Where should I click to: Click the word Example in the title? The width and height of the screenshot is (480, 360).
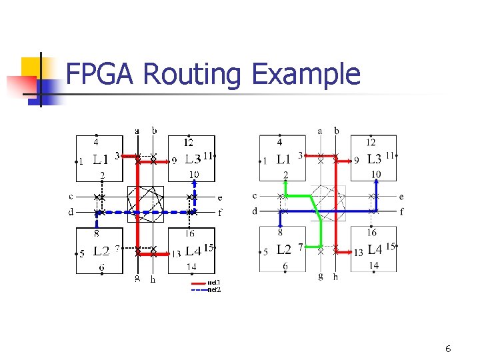pos(306,75)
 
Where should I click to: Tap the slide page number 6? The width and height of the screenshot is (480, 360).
pos(448,349)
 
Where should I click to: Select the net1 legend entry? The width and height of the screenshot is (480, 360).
pos(214,283)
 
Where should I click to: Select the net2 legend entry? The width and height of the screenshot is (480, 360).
pos(214,289)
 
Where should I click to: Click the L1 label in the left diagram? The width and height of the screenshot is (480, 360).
pos(101,160)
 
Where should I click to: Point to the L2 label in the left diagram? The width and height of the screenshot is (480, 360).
pos(101,251)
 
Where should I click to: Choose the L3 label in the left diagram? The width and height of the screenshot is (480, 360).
pos(193,160)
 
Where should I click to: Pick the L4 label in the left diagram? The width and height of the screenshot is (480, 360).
pos(193,251)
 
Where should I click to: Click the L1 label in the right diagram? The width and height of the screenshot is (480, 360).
pos(284,160)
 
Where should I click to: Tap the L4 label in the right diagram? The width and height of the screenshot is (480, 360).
pos(375,250)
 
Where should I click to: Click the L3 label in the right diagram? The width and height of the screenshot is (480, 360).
pos(374,160)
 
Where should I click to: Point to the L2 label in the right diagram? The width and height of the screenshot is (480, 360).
pos(284,250)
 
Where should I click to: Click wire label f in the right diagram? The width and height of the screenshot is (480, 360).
pos(402,212)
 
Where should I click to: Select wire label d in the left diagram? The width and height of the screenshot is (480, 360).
pos(71,212)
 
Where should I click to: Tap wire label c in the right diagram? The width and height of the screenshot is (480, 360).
pos(255,196)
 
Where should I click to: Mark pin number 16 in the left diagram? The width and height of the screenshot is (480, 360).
pos(190,233)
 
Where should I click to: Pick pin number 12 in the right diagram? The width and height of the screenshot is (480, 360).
pos(371,142)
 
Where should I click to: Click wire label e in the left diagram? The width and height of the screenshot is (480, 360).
pos(220,197)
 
